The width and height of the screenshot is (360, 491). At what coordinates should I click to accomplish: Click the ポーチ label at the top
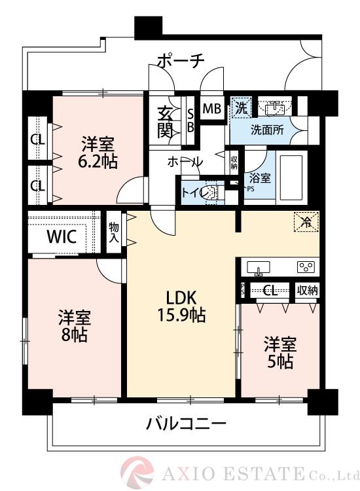180,61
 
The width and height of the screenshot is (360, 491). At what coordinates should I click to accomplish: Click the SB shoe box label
190,119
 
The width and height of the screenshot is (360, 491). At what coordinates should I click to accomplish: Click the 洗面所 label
267,130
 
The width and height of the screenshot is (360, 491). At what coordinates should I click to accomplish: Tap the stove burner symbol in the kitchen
306,266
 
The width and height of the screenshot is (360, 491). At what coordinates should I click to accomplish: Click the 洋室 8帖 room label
72,325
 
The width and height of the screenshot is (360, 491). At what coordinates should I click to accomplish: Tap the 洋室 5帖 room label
279,352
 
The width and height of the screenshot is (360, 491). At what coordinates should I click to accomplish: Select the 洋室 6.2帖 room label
99,152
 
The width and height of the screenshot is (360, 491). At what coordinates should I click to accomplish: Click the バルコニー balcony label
187,424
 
